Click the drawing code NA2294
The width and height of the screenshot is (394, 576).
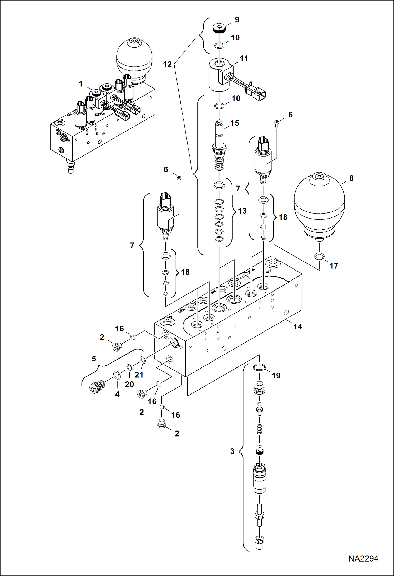(x=363, y=558)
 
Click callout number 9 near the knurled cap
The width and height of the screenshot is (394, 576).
(x=237, y=20)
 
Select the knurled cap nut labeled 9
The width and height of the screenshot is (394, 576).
(x=219, y=28)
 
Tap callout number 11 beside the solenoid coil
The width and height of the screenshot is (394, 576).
(x=244, y=59)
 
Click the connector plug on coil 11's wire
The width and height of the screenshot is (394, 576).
(x=256, y=94)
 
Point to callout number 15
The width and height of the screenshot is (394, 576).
(x=235, y=123)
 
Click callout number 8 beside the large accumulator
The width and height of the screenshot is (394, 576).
(x=351, y=178)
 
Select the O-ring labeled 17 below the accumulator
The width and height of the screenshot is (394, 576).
(x=319, y=256)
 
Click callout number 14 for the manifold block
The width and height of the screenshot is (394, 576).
(x=298, y=326)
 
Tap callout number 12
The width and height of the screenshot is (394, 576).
(x=167, y=64)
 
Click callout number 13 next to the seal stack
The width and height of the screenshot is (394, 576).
(x=242, y=211)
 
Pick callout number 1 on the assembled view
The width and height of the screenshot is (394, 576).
(x=81, y=84)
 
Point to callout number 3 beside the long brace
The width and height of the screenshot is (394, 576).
(x=232, y=451)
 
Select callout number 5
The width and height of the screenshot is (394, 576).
(x=94, y=359)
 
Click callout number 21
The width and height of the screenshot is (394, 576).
(x=139, y=375)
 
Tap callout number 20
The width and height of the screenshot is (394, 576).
(x=129, y=384)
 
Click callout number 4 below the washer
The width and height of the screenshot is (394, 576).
(x=117, y=394)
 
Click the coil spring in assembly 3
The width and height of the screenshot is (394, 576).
(x=260, y=430)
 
